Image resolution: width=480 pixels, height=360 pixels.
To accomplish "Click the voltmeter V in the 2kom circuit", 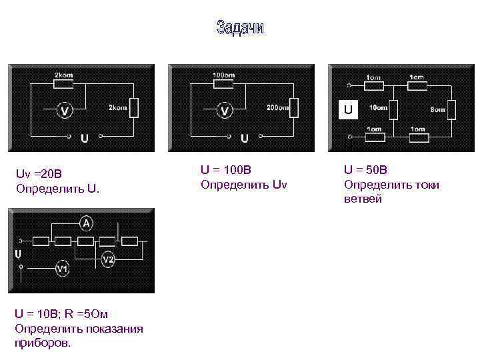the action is coord(64,110).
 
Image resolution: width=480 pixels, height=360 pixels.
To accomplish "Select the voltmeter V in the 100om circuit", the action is coord(225,109).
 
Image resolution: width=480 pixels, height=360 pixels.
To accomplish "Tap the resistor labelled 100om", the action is coord(223,85).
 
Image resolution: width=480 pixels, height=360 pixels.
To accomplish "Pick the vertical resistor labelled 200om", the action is coord(295,107).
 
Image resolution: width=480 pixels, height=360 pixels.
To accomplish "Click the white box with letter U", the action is coord(347,108).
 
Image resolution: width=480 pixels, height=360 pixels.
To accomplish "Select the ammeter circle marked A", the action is coord(87,223).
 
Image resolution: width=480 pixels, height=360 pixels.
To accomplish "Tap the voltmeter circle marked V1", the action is coord(62,268).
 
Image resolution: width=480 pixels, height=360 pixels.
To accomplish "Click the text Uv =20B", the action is coord(39,174).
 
